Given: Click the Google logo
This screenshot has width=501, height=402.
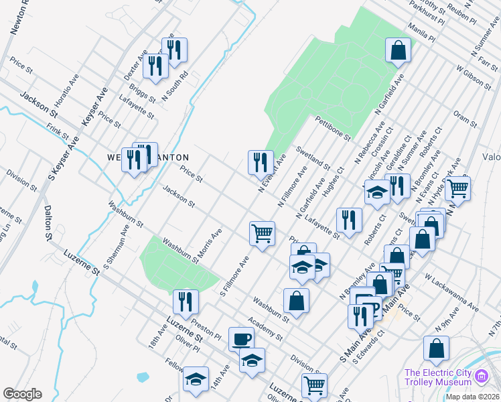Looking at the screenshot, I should pyautogui.click(x=22, y=394).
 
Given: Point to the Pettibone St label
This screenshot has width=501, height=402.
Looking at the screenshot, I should pyautogui.click(x=333, y=128).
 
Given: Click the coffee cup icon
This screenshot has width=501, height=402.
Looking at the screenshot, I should pyautogui.click(x=241, y=338).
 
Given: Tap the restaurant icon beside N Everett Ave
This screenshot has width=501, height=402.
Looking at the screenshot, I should pyautogui.click(x=261, y=161).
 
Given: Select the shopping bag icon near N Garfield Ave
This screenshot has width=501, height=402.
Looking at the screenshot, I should pyautogui.click(x=398, y=50).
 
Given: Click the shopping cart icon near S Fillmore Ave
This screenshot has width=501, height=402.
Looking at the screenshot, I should pyautogui.click(x=262, y=233).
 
